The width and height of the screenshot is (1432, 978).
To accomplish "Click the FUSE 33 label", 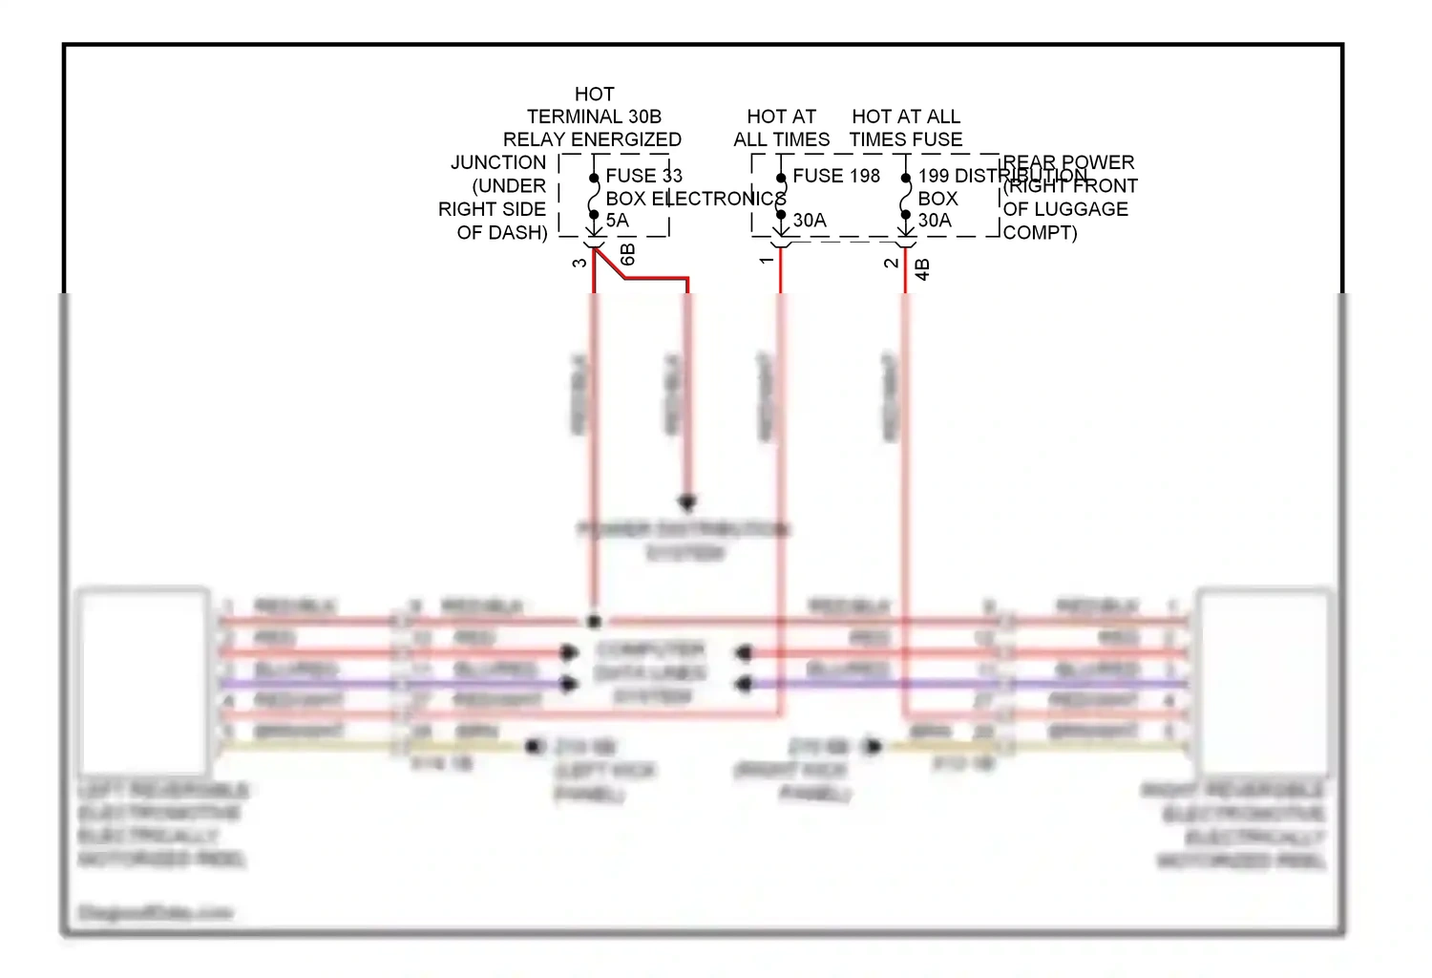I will pyautogui.click(x=643, y=176).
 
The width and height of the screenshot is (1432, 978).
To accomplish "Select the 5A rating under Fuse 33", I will pyautogui.click(x=617, y=221).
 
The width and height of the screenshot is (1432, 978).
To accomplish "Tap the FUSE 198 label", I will pyautogui.click(x=836, y=176).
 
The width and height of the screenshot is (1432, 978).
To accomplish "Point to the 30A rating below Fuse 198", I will pyautogui.click(x=810, y=221).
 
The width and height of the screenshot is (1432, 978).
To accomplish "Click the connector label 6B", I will pyautogui.click(x=627, y=255).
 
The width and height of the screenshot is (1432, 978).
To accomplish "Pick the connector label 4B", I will pyautogui.click(x=922, y=269).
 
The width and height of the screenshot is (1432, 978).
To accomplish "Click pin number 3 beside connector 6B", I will pyautogui.click(x=579, y=263).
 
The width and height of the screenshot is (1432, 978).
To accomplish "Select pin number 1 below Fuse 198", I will pyautogui.click(x=766, y=260).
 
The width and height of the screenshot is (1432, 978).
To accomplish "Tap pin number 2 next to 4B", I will pyautogui.click(x=891, y=263).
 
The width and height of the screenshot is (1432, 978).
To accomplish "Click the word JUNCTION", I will pyautogui.click(x=498, y=163).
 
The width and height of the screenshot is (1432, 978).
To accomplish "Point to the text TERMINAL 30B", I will pyautogui.click(x=594, y=117).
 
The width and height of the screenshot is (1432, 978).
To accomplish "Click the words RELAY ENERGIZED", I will pyautogui.click(x=592, y=139).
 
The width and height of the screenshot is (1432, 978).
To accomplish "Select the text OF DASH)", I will pyautogui.click(x=502, y=232).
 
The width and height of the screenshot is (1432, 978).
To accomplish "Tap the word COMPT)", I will pyautogui.click(x=1040, y=232).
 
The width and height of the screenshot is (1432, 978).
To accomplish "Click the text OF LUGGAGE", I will pyautogui.click(x=1065, y=209).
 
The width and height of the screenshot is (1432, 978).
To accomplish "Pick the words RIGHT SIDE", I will pyautogui.click(x=492, y=209).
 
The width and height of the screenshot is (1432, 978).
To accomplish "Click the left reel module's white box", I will pyautogui.click(x=143, y=680).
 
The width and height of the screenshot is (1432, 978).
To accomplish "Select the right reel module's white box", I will pyautogui.click(x=1262, y=680).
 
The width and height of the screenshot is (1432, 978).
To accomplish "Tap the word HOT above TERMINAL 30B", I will pyautogui.click(x=594, y=94).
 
